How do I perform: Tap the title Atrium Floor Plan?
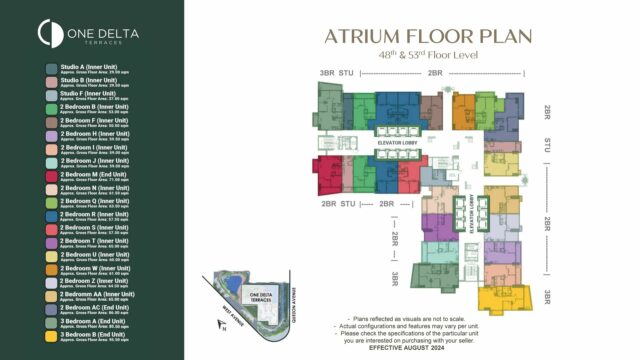click(427, 36)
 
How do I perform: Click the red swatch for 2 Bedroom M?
click(51, 174)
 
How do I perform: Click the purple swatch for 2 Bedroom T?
click(51, 242)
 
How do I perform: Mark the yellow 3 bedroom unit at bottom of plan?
click(503, 298)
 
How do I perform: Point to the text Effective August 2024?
click(427, 348)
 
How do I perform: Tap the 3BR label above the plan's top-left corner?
click(326, 73)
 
